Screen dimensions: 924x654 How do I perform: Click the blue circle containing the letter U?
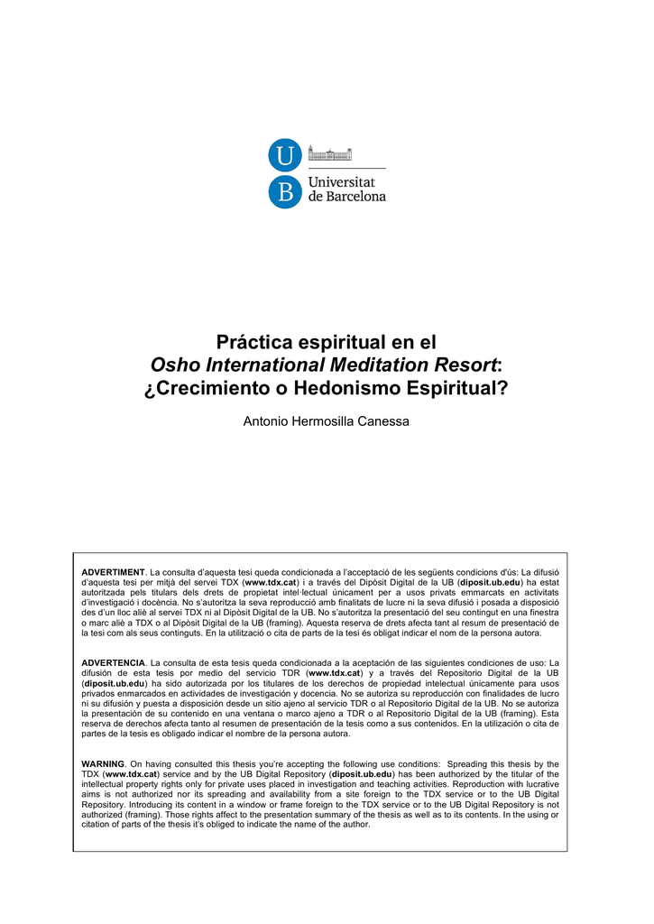click(x=284, y=156)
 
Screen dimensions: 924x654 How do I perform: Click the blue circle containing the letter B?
click(x=284, y=191)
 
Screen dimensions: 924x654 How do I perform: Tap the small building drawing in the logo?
click(x=330, y=153)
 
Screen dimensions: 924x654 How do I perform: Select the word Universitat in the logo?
click(x=347, y=182)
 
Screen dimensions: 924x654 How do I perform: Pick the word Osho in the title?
click(x=174, y=365)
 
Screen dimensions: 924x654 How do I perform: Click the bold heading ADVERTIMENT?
click(x=113, y=573)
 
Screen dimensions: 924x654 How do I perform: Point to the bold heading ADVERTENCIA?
click(x=114, y=663)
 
